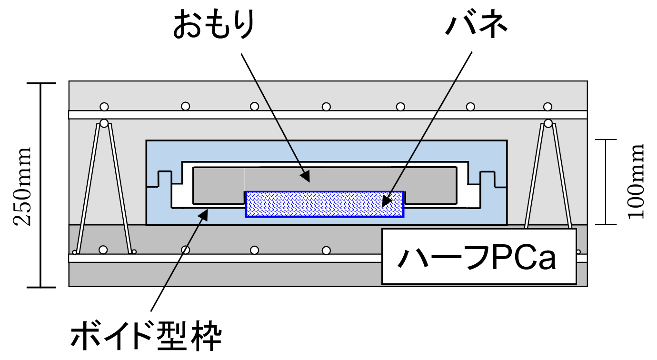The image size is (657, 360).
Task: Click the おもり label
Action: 214,26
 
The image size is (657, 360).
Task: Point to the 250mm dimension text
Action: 22,186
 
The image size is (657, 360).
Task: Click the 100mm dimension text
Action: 636,181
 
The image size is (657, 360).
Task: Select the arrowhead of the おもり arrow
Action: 307,178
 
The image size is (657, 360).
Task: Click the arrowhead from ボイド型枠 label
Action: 204,214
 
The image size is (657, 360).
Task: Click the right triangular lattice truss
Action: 548,176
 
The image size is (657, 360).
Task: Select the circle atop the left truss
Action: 104,123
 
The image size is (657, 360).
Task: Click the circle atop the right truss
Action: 548,123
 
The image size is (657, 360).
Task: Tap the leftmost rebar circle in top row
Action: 104,106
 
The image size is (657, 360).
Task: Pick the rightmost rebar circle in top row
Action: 548,106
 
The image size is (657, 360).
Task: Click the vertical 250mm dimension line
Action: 41,185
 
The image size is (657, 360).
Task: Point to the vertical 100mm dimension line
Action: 606,181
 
